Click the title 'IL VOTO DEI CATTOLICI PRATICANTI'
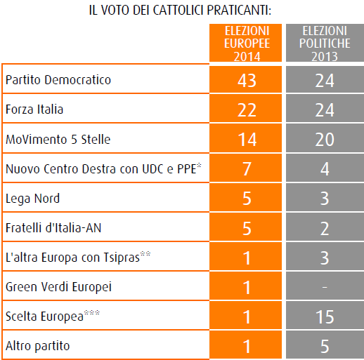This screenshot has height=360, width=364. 180,11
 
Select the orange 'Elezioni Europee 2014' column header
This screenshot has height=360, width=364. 245,43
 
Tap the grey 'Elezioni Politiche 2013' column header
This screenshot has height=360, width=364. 325,43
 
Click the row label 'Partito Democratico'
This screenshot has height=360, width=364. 58,80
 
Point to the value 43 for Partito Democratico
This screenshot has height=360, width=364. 247,81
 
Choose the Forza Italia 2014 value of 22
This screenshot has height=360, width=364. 247,110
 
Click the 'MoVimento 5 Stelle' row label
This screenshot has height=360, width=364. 58,140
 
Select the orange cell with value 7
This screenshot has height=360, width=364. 245,168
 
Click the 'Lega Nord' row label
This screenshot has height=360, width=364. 32,199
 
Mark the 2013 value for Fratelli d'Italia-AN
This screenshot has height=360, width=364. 325,228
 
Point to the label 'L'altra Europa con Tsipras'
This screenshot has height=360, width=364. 78,257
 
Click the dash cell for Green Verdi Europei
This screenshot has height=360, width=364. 325,286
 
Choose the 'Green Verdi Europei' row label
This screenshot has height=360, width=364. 58,287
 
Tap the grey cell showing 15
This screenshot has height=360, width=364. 325,315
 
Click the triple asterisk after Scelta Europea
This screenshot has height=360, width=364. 92,313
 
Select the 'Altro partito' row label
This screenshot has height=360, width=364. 38,346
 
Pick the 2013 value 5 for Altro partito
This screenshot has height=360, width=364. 325,346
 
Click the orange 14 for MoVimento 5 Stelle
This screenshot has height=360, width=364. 247,140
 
